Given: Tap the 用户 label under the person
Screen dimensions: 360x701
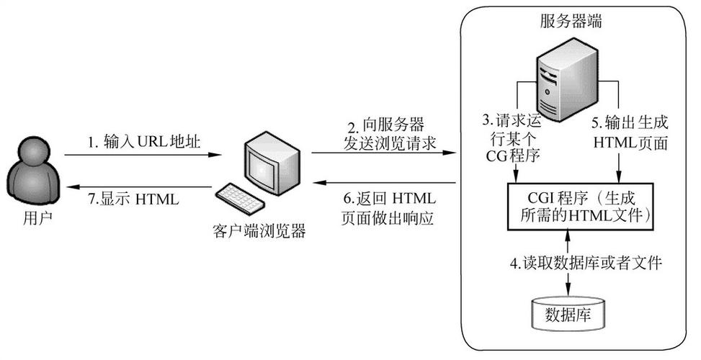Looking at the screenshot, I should pos(29,216).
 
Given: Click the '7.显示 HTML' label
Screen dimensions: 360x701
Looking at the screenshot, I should pos(133,199).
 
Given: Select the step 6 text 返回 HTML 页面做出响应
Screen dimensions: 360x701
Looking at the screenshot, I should pos(388,208).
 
